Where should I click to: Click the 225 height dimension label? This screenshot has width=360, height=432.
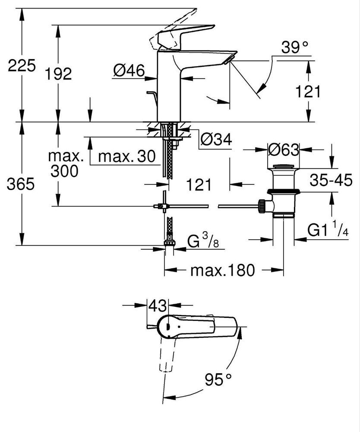point(22,66)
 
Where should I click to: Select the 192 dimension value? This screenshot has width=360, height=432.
point(58,74)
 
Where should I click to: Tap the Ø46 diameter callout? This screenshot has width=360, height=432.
point(129,71)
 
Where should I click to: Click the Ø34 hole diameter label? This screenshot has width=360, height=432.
point(216,140)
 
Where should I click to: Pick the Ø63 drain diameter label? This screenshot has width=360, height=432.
point(284,150)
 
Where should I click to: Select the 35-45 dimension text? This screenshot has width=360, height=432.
point(331,181)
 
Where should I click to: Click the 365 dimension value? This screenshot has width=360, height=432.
point(21,184)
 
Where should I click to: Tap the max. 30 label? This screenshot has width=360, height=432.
point(127,156)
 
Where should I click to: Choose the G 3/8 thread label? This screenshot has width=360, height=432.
point(203,240)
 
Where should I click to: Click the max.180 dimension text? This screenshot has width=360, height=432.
point(223,270)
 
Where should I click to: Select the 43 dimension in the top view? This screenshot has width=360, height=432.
point(158,305)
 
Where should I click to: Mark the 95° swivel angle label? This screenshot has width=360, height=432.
point(218,380)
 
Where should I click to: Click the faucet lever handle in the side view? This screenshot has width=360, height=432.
point(182,36)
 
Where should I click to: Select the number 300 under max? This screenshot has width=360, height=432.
point(64,171)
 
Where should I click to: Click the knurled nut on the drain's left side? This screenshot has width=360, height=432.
point(262,206)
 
